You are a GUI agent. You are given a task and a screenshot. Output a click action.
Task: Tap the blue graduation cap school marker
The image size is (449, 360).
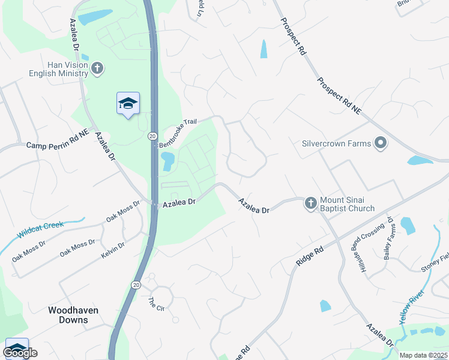click(128, 104)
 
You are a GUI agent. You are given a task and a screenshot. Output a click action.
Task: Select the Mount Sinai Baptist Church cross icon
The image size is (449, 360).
click(310, 203)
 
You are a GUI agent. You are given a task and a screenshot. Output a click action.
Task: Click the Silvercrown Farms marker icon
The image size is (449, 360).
click(380, 143)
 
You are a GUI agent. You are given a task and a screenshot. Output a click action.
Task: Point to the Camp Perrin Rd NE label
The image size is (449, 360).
click(58, 145)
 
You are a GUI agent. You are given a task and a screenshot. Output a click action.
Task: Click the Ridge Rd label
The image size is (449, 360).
click(310, 255)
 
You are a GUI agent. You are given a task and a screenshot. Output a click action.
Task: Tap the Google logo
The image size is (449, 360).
click(19, 353)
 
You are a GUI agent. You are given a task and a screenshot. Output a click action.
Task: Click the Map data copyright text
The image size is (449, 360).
click(423, 355)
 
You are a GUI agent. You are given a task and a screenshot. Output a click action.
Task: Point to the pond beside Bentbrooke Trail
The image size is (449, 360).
click(167, 160)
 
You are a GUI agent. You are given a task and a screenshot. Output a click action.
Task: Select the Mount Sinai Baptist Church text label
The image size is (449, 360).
click(347, 204)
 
